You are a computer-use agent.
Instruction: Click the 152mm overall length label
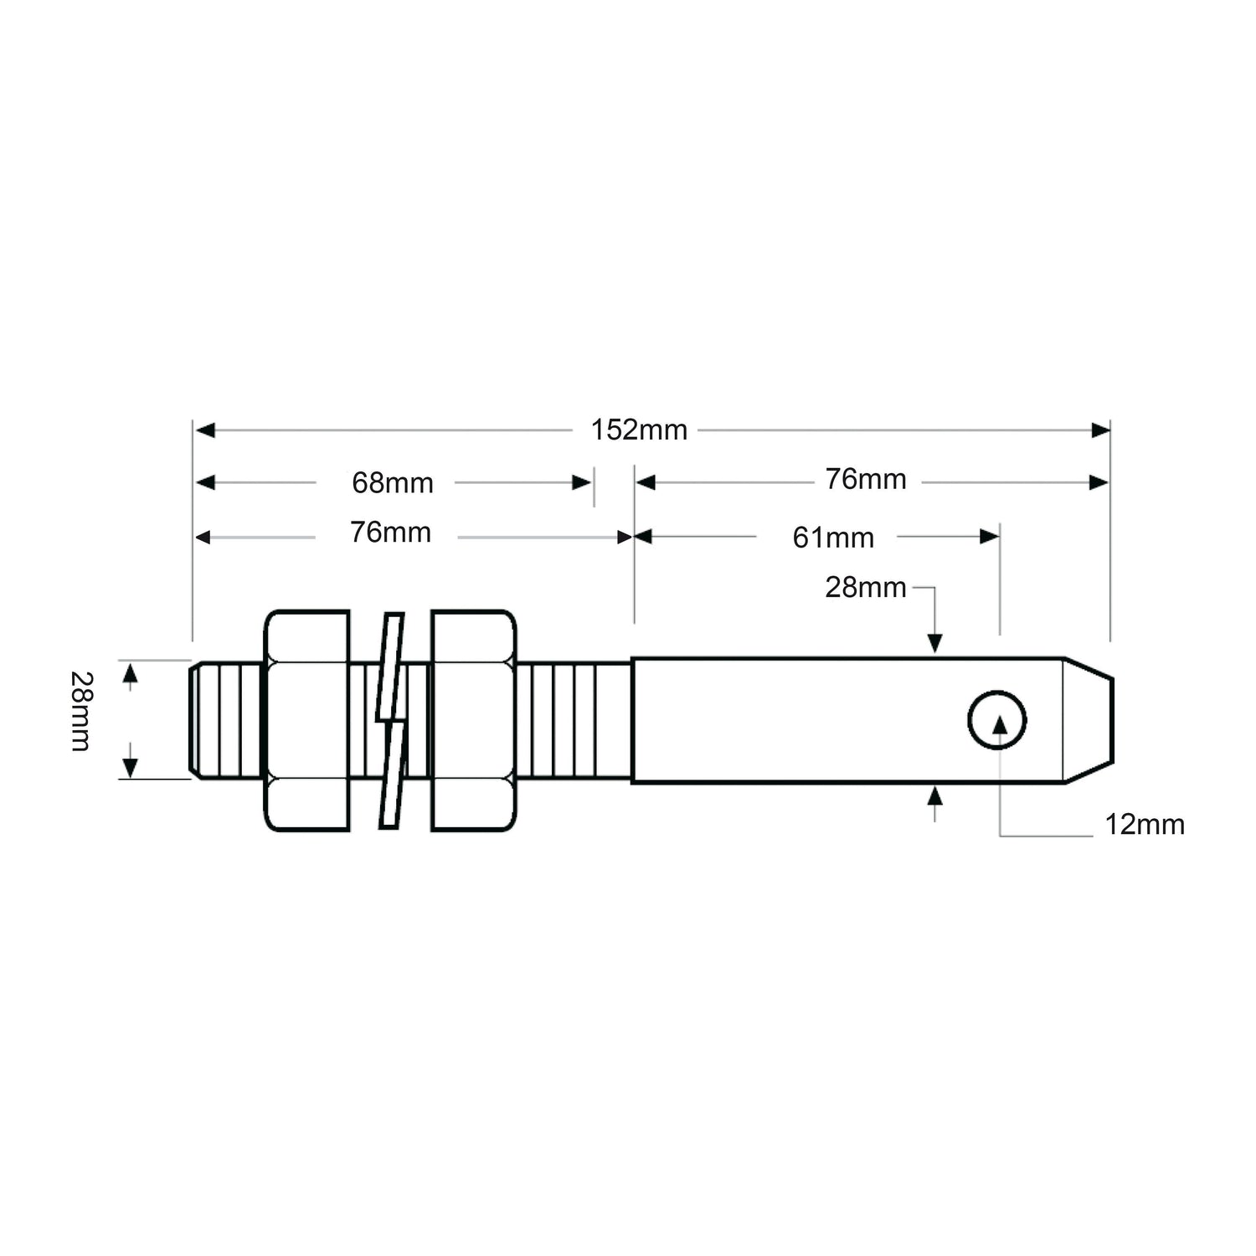[639, 430]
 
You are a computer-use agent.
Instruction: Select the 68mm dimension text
[392, 483]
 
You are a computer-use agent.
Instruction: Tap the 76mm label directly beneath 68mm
[390, 533]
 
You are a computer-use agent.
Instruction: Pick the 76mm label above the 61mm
[865, 479]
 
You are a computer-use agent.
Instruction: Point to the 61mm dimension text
[833, 538]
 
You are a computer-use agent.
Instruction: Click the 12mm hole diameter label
[1144, 825]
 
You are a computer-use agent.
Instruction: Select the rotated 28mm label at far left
[81, 711]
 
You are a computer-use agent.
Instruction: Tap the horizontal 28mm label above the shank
[865, 588]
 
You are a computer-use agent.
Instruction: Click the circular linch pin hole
[997, 720]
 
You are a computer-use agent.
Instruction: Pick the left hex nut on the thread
[306, 720]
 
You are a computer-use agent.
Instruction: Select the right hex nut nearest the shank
[473, 720]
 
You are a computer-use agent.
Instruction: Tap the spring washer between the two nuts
[391, 720]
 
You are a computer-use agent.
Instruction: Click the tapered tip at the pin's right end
[1089, 720]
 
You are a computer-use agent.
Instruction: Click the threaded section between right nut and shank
[574, 720]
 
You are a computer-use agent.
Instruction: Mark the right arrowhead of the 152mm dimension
[1101, 430]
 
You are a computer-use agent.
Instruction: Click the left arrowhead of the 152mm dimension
[205, 430]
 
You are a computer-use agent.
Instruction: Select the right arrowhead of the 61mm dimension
[990, 536]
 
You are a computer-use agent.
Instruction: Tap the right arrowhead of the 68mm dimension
[582, 482]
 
